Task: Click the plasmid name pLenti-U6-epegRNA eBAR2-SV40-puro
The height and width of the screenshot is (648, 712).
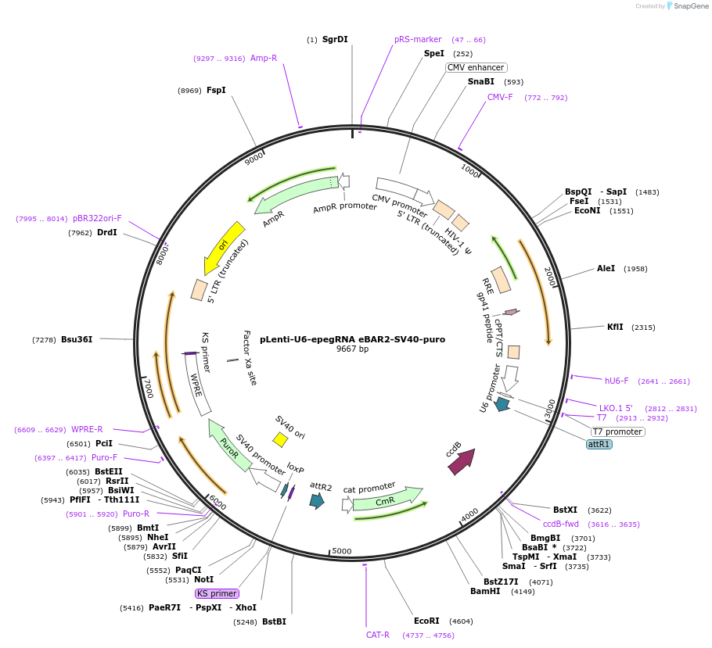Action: coord(352,339)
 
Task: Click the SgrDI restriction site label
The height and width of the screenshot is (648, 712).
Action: coord(335,39)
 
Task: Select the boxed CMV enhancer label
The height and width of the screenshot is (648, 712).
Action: coord(476,67)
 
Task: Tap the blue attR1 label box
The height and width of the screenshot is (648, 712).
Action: coord(599,444)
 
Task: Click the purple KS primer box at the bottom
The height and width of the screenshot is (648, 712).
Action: coord(217,593)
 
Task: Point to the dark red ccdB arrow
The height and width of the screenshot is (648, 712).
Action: coord(461,462)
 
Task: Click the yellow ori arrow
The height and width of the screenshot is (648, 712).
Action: coord(224,246)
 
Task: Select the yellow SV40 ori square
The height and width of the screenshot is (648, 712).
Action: coord(280,440)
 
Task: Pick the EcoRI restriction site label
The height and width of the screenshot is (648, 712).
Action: coord(426,621)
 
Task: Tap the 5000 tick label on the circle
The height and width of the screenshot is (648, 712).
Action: coord(342,551)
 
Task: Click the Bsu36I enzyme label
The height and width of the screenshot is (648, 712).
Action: coord(77,339)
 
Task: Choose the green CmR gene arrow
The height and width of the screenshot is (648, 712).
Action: coord(387,499)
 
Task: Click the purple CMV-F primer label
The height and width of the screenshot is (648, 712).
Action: coord(500,98)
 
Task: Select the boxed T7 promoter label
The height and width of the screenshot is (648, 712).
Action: coord(617,431)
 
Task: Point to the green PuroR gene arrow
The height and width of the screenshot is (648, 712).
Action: coord(231,446)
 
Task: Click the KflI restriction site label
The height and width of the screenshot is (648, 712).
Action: coord(616,327)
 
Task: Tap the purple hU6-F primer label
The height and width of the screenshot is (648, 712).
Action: coord(617,381)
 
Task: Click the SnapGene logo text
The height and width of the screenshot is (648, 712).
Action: coord(691,6)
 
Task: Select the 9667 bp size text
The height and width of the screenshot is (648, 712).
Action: coord(352,349)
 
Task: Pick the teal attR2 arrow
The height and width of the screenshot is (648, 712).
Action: coord(317,501)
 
